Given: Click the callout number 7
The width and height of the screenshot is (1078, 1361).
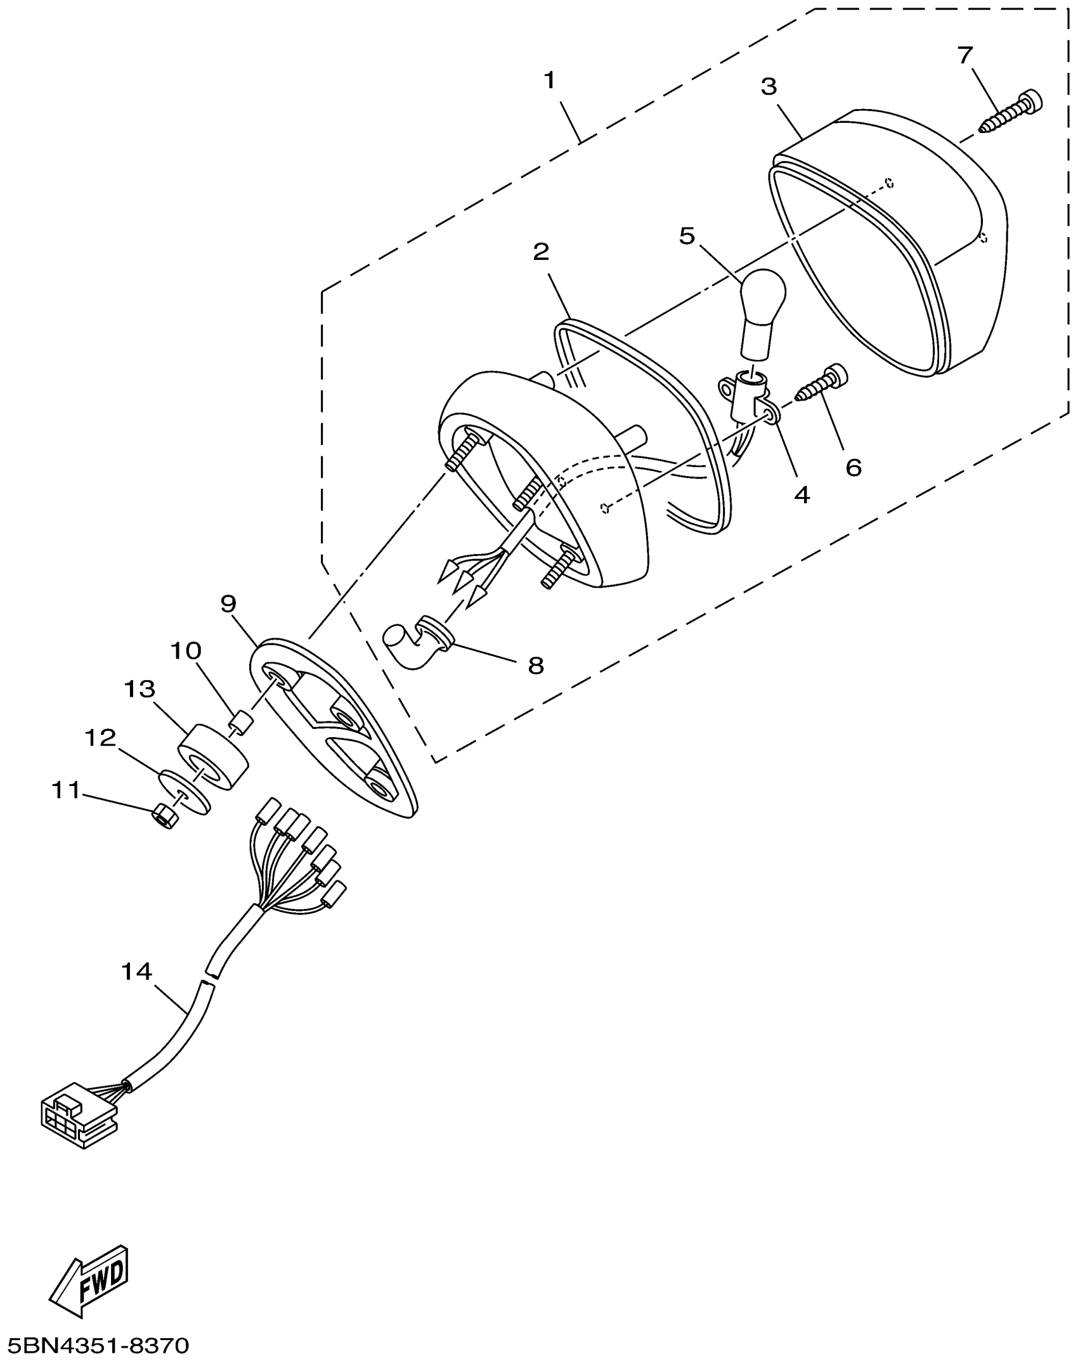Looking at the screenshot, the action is click(x=964, y=56).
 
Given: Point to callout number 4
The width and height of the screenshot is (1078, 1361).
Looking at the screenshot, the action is click(x=802, y=494).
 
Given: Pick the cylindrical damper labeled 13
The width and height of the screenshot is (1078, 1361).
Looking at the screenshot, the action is click(x=212, y=758).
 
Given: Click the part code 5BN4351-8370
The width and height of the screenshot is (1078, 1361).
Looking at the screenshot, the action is click(x=95, y=1343).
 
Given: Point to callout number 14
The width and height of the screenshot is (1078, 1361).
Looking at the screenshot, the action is click(x=136, y=971).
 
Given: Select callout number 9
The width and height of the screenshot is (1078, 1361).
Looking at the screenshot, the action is click(x=228, y=603).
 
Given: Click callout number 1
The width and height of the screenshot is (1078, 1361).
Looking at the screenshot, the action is click(x=549, y=81).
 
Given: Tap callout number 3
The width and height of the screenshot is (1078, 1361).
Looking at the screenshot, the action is click(x=769, y=87).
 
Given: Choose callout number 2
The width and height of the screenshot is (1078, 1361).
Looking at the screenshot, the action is click(x=540, y=252).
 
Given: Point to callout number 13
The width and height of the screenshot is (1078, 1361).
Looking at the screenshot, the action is click(x=140, y=689).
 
